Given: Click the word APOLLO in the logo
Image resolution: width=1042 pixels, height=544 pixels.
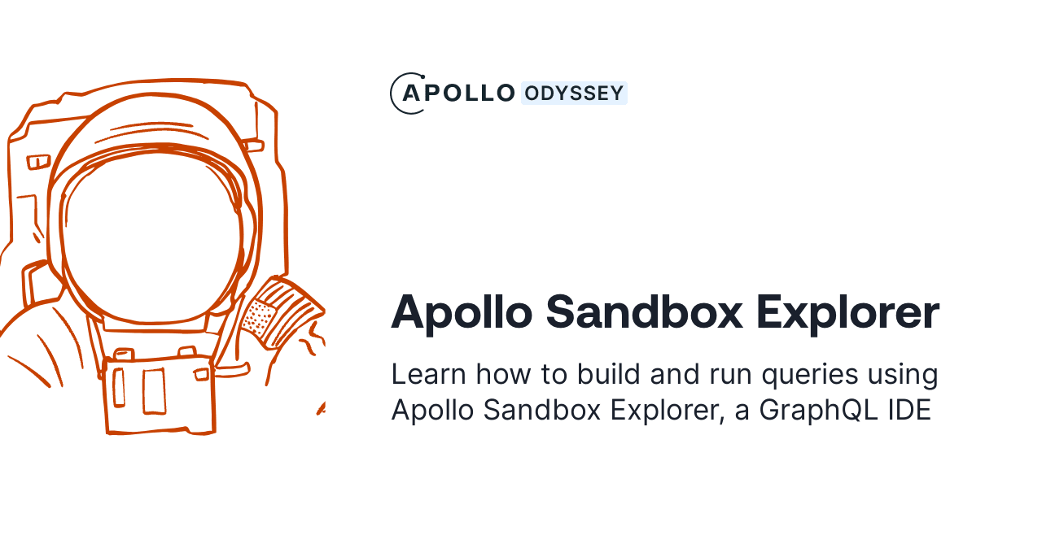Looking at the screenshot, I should click(x=460, y=94).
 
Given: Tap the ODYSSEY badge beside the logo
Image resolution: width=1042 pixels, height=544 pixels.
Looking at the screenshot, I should click(x=574, y=94).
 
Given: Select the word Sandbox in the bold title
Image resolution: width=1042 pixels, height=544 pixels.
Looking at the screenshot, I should click(x=643, y=312).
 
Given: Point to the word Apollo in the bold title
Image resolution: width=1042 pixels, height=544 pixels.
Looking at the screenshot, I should click(x=461, y=312).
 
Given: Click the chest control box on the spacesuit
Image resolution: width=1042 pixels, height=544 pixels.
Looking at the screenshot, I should click(x=159, y=394).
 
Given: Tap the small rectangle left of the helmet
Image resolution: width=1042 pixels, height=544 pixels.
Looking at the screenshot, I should click(x=38, y=162).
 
